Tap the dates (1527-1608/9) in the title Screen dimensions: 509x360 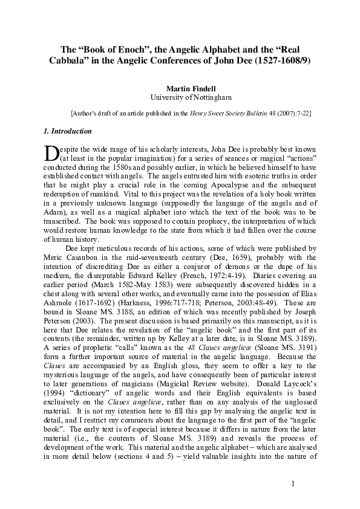tap(281, 61)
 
